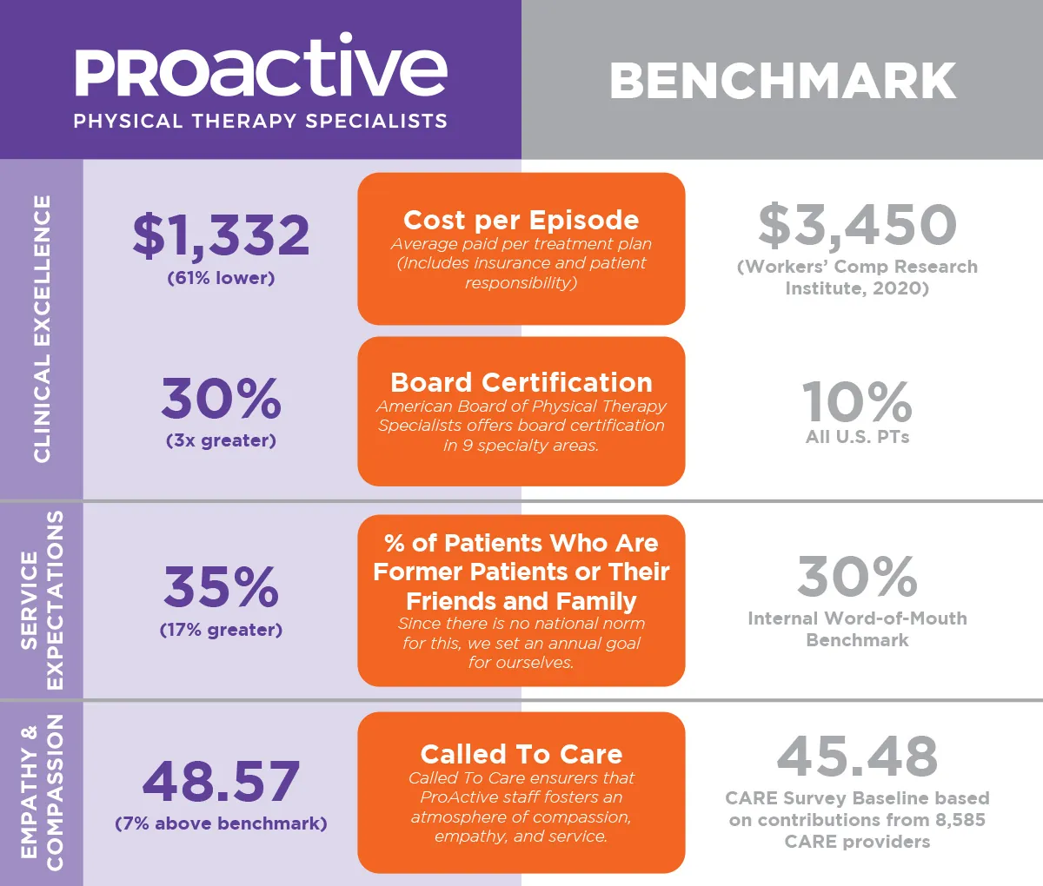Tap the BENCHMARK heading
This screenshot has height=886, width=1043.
click(x=782, y=82)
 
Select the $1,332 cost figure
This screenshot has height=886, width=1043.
click(x=221, y=235)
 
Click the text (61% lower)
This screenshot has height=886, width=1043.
click(x=221, y=278)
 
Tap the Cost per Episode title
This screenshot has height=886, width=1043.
click(x=521, y=220)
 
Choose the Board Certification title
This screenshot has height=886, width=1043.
click(x=521, y=382)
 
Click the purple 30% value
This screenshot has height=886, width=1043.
click(x=221, y=399)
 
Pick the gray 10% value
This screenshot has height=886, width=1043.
click(x=857, y=401)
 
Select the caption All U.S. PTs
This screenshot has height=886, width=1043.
click(x=857, y=437)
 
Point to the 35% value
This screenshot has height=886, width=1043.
click(x=221, y=587)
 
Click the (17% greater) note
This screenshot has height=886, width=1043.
click(x=221, y=630)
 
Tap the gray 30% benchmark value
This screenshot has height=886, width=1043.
click(x=857, y=577)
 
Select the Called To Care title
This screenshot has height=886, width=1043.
click(x=521, y=753)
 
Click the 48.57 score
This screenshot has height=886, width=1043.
click(x=221, y=781)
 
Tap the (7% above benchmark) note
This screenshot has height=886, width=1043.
click(x=221, y=823)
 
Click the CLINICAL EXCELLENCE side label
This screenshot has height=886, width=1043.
click(x=42, y=328)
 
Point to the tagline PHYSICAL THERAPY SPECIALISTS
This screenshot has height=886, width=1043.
click(x=260, y=122)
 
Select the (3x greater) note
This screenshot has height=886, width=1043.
click(x=221, y=440)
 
